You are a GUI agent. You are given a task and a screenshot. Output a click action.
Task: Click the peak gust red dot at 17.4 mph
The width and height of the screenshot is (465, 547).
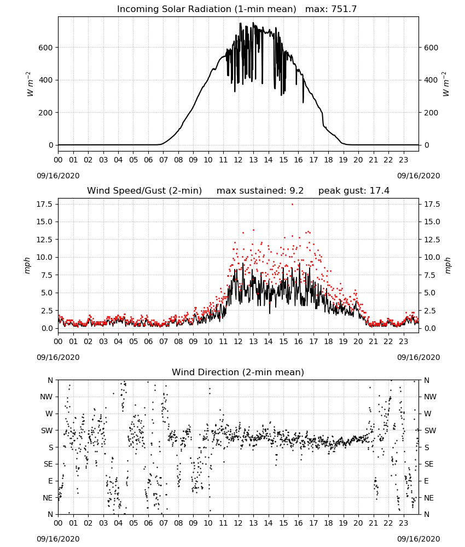click(292, 204)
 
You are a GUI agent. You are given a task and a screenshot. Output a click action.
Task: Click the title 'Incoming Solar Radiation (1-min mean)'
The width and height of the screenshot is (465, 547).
click(206, 9)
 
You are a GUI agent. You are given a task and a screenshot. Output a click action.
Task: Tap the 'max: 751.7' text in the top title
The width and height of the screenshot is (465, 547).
click(331, 9)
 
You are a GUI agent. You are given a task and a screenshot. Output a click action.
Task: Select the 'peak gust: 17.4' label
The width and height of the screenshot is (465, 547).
click(354, 191)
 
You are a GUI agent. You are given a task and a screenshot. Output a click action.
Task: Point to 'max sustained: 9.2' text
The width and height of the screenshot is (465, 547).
click(260, 191)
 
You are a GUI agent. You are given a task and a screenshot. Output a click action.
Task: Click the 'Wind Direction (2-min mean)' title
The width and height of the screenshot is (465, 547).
click(238, 372)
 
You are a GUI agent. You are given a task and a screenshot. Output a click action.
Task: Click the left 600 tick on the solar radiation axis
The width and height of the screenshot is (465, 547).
click(46, 48)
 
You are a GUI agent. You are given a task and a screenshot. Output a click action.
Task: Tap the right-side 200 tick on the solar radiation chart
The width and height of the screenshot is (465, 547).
click(431, 113)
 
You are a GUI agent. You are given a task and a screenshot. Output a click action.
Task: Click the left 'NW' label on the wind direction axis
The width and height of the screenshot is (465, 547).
click(47, 397)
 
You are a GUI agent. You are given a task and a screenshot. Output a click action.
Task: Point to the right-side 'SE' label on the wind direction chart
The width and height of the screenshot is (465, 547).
click(429, 464)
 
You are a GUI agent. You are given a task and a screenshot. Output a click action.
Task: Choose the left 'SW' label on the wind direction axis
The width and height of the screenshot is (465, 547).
click(47, 430)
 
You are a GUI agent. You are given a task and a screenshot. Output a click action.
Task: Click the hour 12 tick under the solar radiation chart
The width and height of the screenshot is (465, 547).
click(238, 160)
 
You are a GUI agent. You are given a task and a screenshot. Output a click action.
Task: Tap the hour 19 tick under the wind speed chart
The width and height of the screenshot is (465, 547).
click(343, 341)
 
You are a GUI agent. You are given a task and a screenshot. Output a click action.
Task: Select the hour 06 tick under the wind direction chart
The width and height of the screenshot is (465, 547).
click(148, 523)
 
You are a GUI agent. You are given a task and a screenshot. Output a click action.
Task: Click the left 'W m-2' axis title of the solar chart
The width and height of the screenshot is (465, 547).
click(30, 84)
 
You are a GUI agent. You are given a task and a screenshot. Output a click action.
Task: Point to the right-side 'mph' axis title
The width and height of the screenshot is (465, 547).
click(448, 265)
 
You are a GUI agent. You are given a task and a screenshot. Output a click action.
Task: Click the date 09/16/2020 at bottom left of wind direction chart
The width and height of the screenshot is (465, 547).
click(58, 539)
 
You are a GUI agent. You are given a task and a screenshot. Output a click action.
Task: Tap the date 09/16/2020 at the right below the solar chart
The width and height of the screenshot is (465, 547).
click(419, 176)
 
